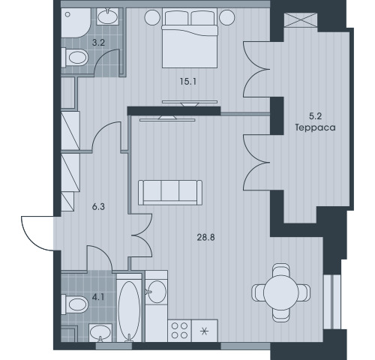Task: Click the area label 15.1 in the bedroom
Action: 188,82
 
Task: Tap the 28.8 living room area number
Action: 205,237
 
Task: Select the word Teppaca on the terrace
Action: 315,127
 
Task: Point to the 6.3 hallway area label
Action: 98,207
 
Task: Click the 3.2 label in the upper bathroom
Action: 98,43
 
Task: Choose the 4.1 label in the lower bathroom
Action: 98,297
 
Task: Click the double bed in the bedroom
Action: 190,38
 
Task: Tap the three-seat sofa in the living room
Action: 170,193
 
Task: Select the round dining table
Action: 281,292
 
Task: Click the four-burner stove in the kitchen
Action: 180,331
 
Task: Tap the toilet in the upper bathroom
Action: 75,58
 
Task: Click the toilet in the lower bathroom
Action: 75,304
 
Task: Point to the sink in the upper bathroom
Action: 107,16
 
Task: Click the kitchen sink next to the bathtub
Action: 156,292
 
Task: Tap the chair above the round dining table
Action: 281,270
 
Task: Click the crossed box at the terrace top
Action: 301,20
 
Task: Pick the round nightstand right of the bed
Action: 227,17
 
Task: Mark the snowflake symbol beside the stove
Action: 205,331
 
